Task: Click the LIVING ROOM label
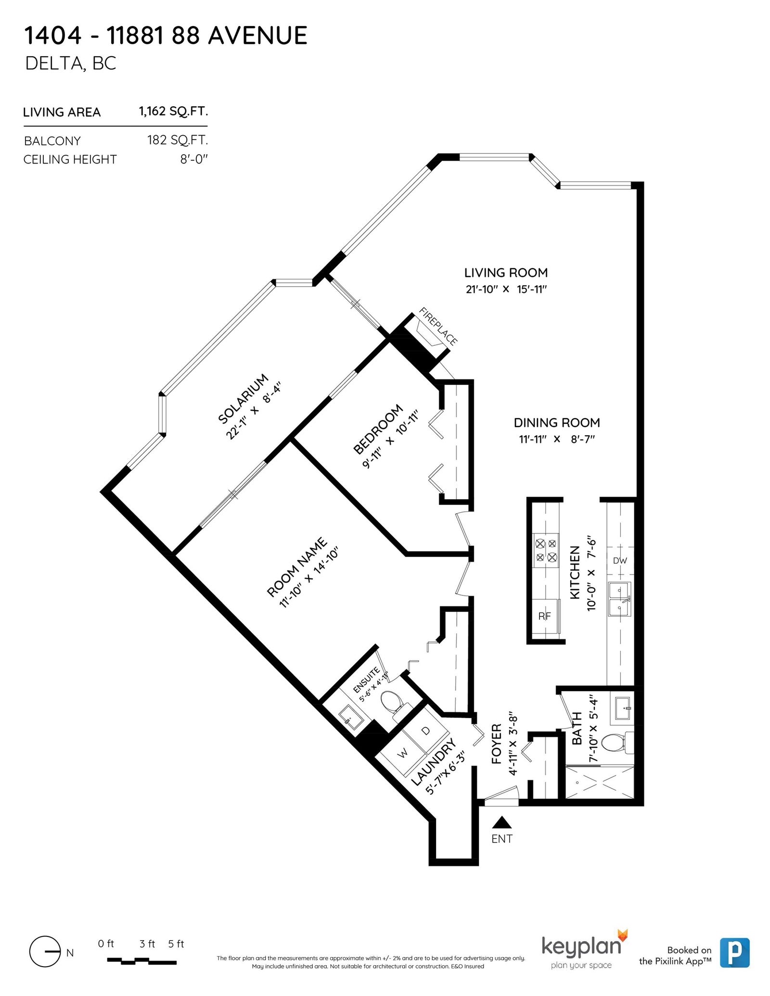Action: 506,273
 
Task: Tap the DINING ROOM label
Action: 557,423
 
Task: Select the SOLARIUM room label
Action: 243,399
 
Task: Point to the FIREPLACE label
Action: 438,326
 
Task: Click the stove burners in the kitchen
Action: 546,551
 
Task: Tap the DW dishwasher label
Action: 620,560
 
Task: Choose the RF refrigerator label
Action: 544,616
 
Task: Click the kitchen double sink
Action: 619,599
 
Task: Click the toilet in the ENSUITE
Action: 393,704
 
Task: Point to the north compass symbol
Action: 45,952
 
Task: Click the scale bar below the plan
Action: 141,961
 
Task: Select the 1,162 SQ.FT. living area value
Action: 174,112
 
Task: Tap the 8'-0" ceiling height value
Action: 194,159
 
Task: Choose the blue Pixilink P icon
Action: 735,953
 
